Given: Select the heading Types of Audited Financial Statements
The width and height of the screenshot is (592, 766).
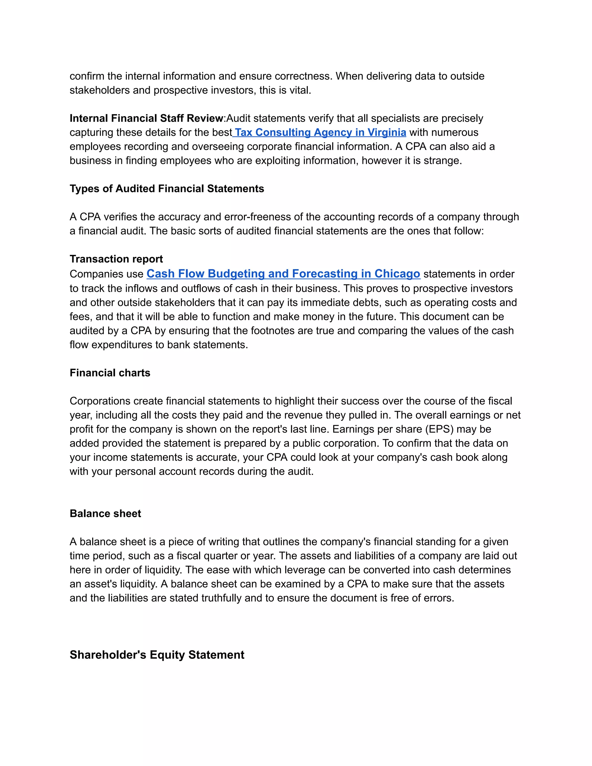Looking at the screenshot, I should coord(166,189).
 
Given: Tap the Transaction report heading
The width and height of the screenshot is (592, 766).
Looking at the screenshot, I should coord(116,259).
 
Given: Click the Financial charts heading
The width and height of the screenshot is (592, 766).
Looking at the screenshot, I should coord(110,373).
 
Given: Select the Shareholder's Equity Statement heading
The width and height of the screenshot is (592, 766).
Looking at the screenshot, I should coord(157,655).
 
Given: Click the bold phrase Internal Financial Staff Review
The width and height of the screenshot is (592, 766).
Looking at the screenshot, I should coord(146,118).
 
